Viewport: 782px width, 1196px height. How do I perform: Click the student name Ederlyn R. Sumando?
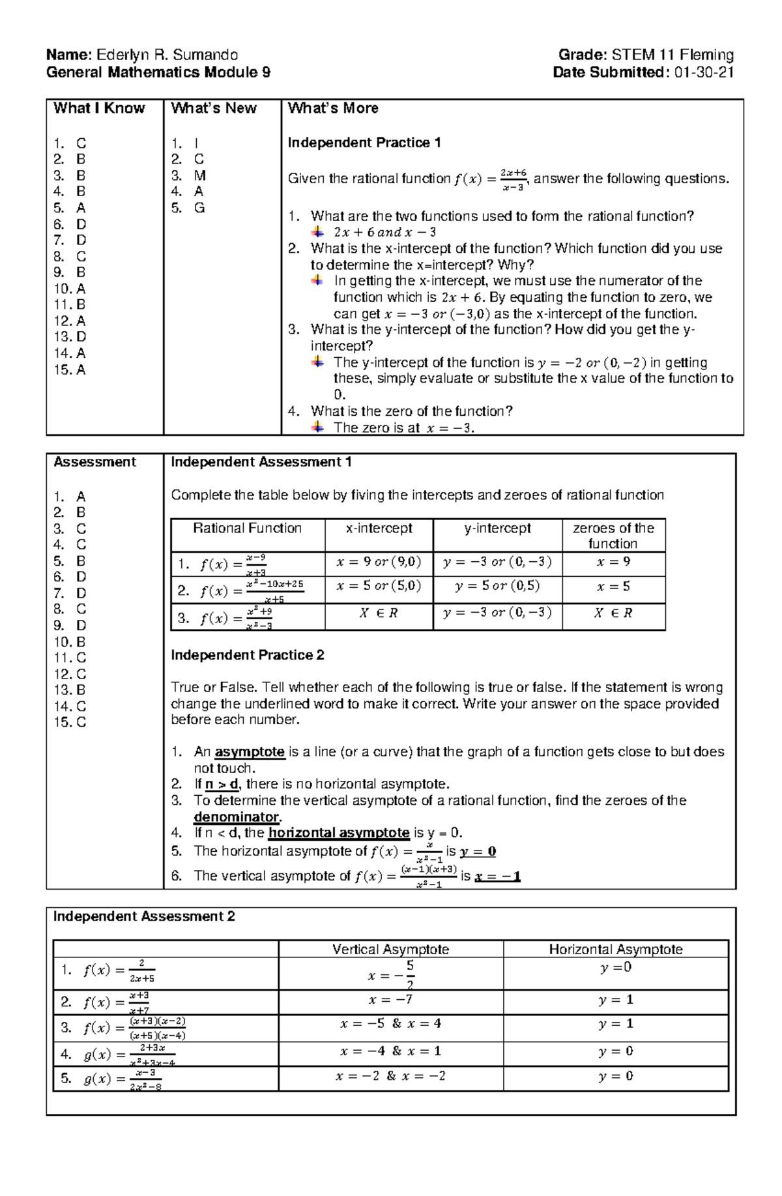[167, 55]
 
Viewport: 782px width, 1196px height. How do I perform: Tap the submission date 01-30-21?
[704, 72]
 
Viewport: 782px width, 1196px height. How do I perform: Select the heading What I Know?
[99, 108]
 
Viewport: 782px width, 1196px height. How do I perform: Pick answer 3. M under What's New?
[188, 175]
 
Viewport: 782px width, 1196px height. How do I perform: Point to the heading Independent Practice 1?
[364, 143]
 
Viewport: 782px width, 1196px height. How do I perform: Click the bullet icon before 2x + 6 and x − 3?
[317, 232]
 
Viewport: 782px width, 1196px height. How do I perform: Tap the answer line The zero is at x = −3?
[403, 428]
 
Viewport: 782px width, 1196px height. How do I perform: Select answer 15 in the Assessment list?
[70, 722]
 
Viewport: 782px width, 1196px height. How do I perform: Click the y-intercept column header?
[497, 529]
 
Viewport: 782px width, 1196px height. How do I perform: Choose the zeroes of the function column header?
[613, 536]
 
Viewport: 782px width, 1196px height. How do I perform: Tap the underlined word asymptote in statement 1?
[250, 752]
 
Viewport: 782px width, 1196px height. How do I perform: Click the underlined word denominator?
[237, 817]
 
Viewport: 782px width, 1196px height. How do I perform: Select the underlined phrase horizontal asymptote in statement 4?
[339, 833]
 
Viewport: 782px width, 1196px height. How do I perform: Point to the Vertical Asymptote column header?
[390, 950]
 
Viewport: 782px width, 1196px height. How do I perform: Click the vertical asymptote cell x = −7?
[390, 1000]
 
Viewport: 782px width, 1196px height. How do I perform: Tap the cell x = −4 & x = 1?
[390, 1051]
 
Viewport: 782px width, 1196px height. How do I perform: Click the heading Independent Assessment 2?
[144, 917]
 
